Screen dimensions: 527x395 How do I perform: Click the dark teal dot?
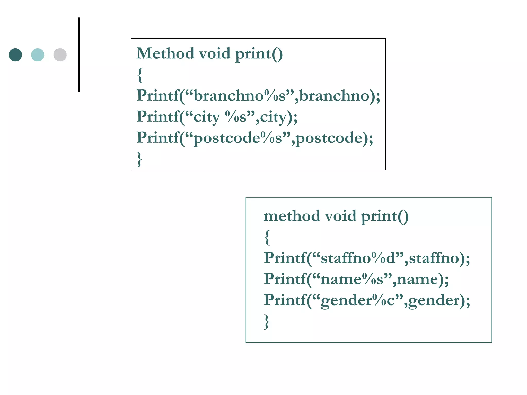click(x=15, y=55)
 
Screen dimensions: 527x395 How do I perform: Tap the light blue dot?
click(x=38, y=55)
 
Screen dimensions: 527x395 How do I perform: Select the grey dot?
click(x=60, y=55)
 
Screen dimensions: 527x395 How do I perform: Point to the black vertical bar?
click(x=79, y=55)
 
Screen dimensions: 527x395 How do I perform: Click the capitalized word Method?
click(x=165, y=53)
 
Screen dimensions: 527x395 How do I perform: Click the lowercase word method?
click(x=292, y=216)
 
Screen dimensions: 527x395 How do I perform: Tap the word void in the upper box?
click(x=215, y=53)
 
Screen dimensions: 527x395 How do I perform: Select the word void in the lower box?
click(x=340, y=216)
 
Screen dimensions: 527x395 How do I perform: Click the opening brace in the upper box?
click(x=140, y=75)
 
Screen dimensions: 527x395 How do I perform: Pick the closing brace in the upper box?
click(x=139, y=159)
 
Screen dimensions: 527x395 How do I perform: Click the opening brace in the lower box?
click(x=267, y=237)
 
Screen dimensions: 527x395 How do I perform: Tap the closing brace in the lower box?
click(x=267, y=321)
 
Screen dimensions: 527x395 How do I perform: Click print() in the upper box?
click(x=259, y=54)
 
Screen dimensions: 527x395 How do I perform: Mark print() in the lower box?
click(x=385, y=216)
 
